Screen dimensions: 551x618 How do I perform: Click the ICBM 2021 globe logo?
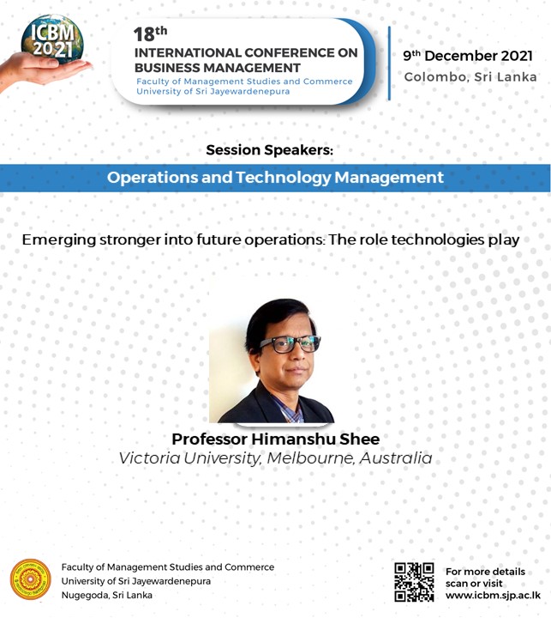(x=52, y=40)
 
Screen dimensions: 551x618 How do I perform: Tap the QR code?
(x=414, y=582)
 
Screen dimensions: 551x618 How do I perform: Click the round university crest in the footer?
(x=31, y=579)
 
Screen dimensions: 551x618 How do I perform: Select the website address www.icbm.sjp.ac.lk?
(x=493, y=595)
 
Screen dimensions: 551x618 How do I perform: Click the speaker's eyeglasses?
(x=290, y=344)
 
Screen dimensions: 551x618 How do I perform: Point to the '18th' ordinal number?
(x=150, y=33)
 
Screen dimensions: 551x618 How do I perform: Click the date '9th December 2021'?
(x=468, y=56)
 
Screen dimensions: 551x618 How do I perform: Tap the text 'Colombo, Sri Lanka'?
(x=470, y=76)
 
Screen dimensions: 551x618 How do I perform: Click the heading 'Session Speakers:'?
(x=270, y=149)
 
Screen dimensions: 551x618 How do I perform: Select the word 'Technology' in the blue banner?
(x=284, y=178)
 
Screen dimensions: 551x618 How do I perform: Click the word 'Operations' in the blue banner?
(x=153, y=178)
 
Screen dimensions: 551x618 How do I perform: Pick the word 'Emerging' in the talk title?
(x=59, y=240)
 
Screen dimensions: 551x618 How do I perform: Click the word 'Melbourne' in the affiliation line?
(x=310, y=458)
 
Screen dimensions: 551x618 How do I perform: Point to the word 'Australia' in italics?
(x=396, y=458)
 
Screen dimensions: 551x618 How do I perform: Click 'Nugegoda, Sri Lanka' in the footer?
(x=106, y=595)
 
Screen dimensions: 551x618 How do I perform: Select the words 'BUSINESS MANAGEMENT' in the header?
(x=218, y=68)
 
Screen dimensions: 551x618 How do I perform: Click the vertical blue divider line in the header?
(x=389, y=63)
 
